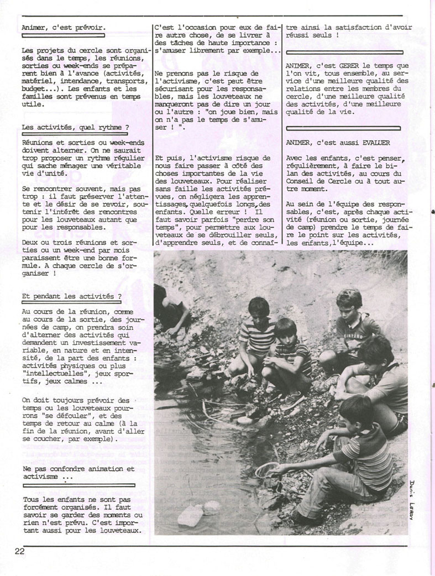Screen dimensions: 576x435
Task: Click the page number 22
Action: click(x=19, y=551)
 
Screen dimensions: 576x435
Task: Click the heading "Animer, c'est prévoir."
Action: click(x=64, y=27)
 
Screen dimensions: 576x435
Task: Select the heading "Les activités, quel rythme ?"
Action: click(x=72, y=127)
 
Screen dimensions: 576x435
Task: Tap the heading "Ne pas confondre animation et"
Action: click(x=78, y=469)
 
